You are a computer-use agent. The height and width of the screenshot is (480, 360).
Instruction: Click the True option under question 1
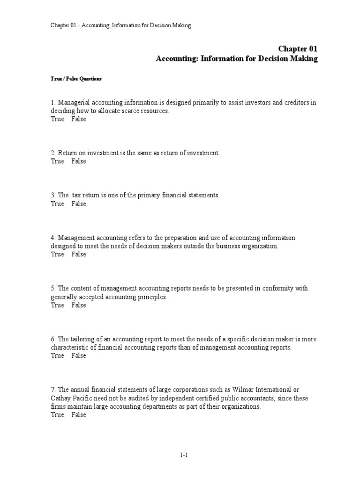point(57,119)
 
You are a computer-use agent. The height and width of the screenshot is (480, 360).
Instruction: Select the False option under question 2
point(79,161)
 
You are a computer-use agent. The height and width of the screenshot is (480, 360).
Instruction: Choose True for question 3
point(57,204)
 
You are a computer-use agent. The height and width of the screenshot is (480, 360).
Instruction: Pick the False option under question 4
point(79,254)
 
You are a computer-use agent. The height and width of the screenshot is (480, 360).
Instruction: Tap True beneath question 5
point(57,305)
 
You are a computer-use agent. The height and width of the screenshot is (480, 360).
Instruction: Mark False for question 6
point(79,356)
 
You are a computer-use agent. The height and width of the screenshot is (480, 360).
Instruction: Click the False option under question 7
point(79,415)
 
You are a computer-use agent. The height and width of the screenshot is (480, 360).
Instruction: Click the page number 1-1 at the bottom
point(183,455)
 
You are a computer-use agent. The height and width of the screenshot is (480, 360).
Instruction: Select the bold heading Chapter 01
point(298,49)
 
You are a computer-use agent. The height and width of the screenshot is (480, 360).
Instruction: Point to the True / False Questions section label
point(76,79)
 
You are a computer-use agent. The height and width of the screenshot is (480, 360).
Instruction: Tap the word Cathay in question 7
point(61,398)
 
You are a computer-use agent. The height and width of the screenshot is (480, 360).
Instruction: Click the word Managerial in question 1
point(74,103)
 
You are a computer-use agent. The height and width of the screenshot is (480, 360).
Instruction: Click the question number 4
point(53,238)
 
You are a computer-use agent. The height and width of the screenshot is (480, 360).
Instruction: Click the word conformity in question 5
point(279,288)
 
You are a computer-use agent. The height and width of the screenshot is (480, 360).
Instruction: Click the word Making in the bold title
point(305,59)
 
